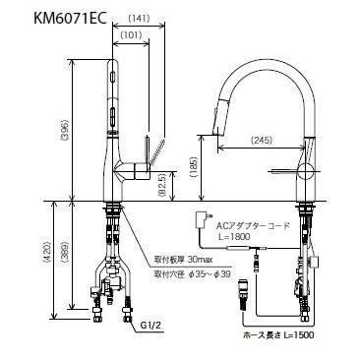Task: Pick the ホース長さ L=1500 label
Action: tap(300, 336)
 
